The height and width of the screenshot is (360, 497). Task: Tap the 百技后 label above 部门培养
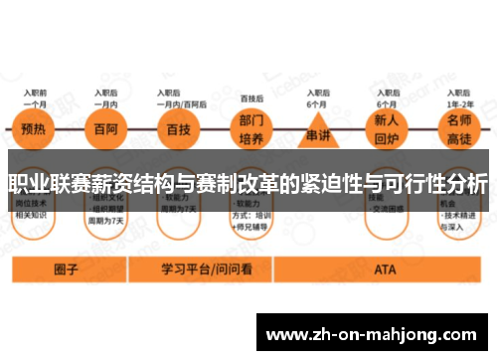(251, 98)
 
